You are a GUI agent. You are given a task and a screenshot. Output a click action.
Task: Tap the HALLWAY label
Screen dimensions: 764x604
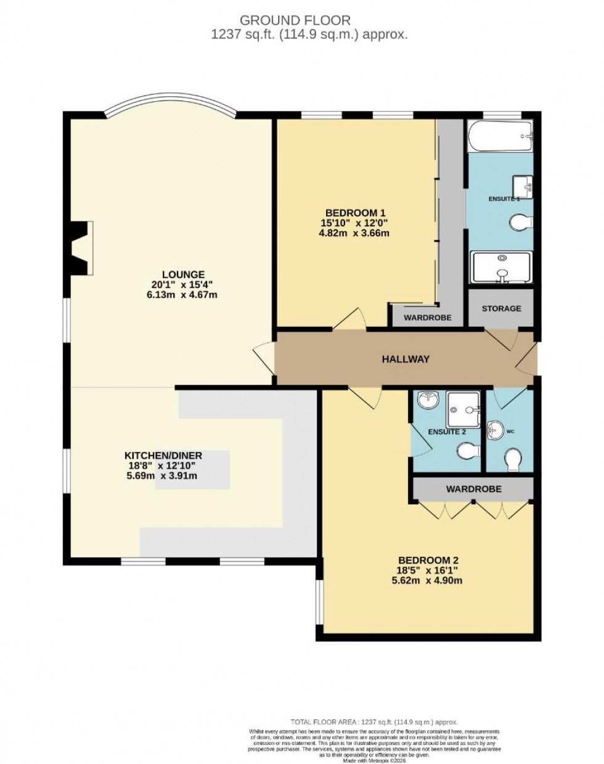click(405, 359)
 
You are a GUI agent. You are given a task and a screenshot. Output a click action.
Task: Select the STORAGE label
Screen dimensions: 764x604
click(501, 308)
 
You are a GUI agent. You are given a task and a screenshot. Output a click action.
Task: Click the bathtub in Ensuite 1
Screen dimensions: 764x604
click(500, 136)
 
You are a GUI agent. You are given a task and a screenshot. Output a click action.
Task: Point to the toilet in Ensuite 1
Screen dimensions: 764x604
click(521, 221)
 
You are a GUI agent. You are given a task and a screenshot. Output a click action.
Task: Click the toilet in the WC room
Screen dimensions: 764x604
click(512, 459)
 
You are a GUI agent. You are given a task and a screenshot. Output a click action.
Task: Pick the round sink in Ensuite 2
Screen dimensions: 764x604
click(426, 401)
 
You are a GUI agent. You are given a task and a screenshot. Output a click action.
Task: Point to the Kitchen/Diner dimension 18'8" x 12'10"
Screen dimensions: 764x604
click(163, 466)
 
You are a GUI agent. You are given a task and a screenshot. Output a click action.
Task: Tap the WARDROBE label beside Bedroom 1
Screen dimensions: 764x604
click(427, 318)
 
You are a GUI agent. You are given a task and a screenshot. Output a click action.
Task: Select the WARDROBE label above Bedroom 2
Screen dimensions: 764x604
click(473, 488)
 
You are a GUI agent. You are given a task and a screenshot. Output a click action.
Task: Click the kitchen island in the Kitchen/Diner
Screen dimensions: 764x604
click(192, 470)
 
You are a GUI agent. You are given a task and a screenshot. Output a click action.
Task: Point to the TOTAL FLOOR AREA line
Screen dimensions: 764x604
click(374, 722)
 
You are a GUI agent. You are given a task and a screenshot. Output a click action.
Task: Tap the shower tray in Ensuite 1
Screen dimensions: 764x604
click(500, 268)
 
